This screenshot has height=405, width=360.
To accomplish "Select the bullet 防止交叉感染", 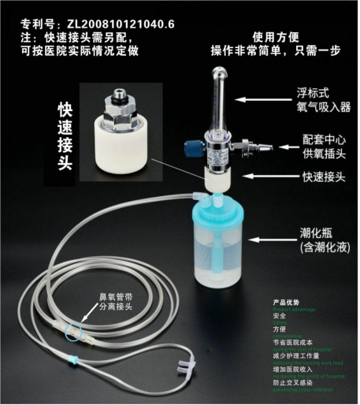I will [x=294, y=384].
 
